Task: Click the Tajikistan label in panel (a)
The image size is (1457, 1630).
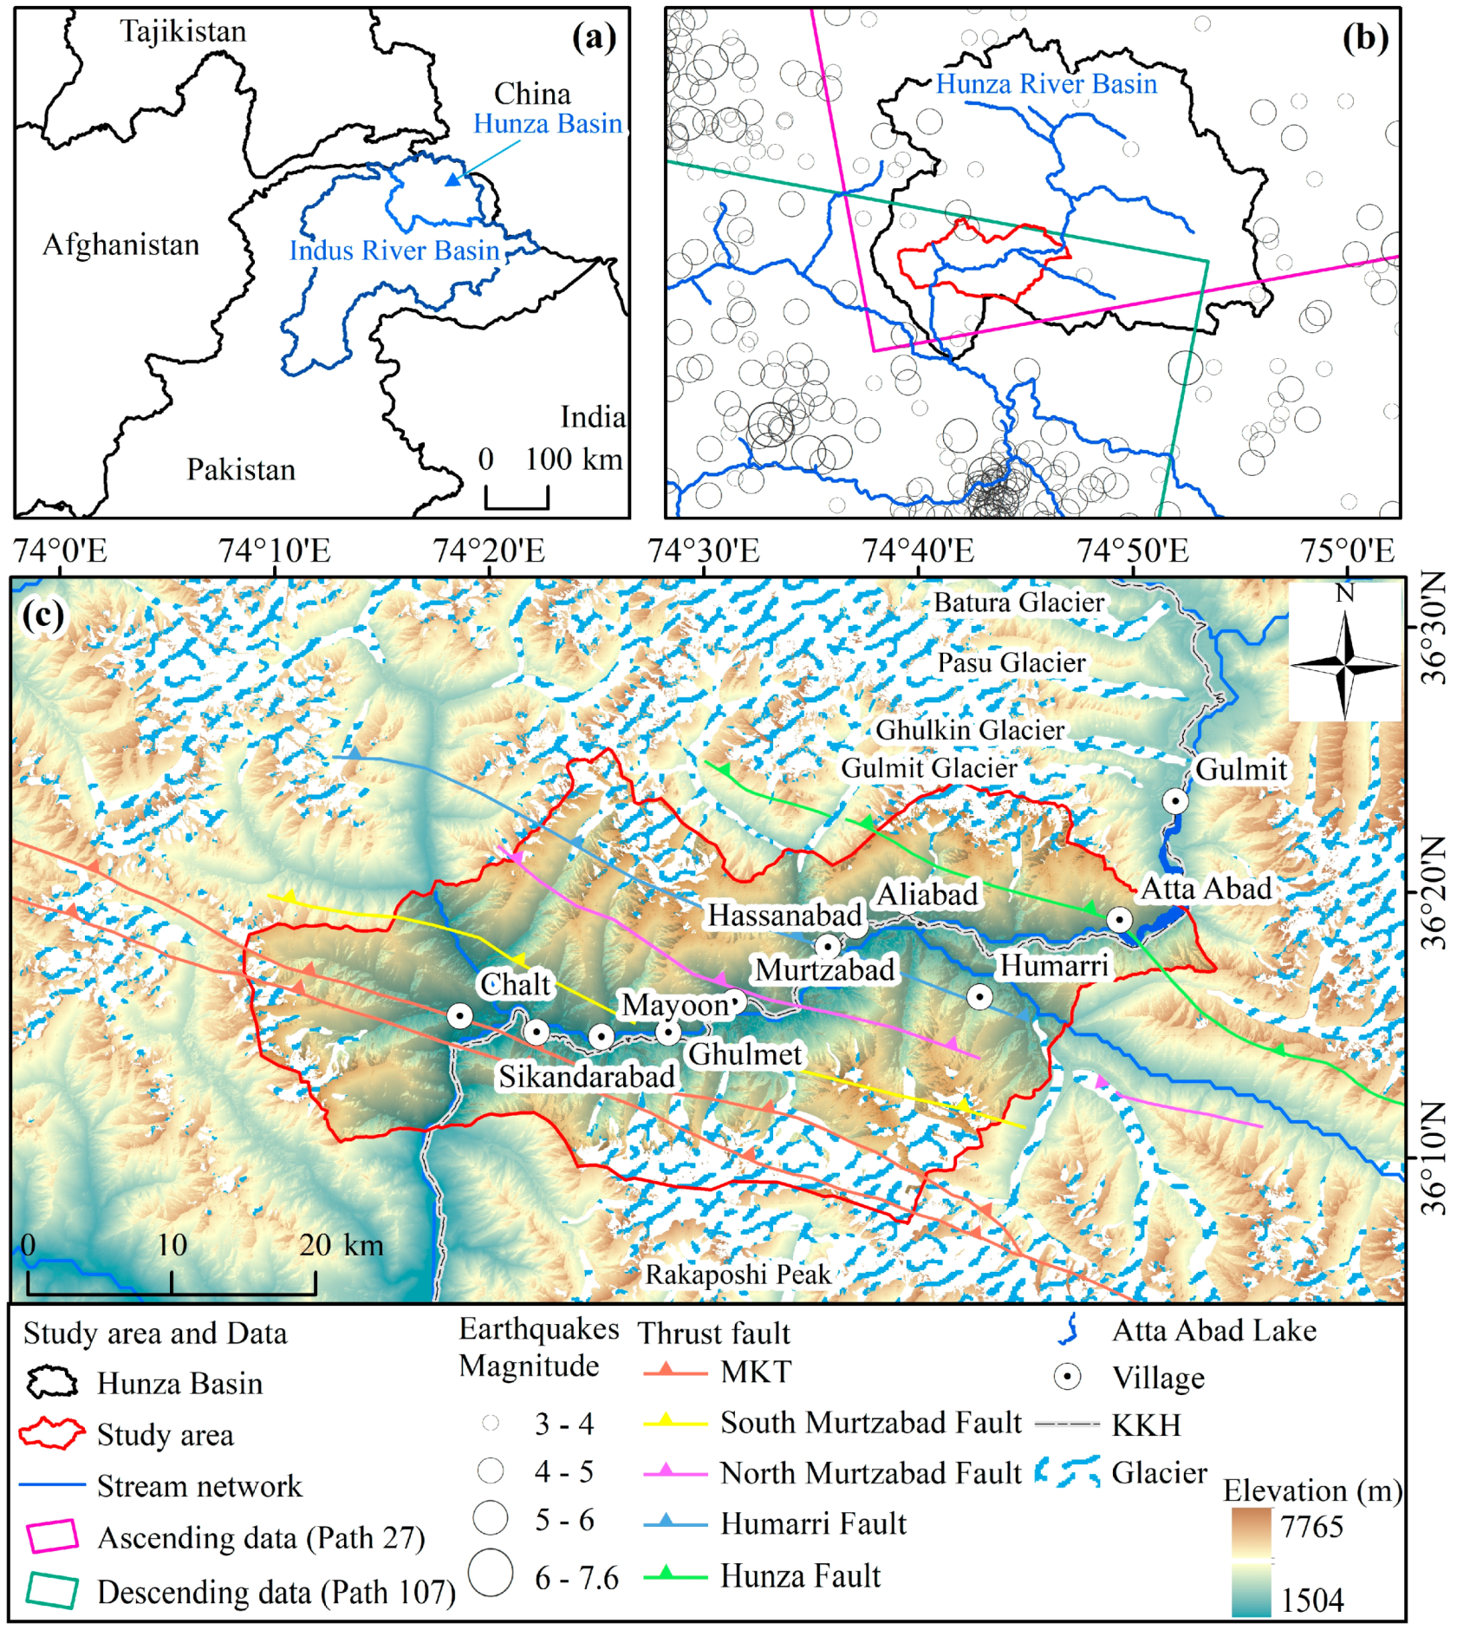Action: pyautogui.click(x=183, y=31)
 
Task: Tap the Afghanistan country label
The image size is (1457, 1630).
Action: pyautogui.click(x=120, y=245)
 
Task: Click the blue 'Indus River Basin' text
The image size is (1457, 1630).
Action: pyautogui.click(x=394, y=251)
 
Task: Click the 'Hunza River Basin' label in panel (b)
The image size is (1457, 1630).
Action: pyautogui.click(x=1046, y=84)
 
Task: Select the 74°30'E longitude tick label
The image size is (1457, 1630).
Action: pyautogui.click(x=703, y=551)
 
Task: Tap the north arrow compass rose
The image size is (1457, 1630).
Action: pyautogui.click(x=1344, y=665)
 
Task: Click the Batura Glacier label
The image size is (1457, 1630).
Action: pyautogui.click(x=1018, y=603)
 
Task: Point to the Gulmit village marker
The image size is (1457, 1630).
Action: pyautogui.click(x=1174, y=800)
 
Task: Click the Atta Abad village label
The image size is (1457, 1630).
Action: pyautogui.click(x=1206, y=889)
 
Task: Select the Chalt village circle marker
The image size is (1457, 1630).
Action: pyautogui.click(x=459, y=1015)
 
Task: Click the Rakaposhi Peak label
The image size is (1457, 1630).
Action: pyautogui.click(x=738, y=1275)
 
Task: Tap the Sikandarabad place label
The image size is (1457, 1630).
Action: pyautogui.click(x=586, y=1077)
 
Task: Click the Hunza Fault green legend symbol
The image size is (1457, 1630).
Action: pyautogui.click(x=674, y=1575)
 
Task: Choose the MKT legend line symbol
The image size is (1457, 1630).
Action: pyautogui.click(x=674, y=1372)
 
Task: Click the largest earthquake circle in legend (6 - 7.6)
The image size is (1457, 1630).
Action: pyautogui.click(x=491, y=1573)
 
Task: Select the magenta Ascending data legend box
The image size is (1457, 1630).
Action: pyautogui.click(x=53, y=1536)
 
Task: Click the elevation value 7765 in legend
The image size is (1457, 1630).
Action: pyautogui.click(x=1311, y=1526)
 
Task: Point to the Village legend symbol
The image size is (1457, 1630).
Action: pyautogui.click(x=1067, y=1377)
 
